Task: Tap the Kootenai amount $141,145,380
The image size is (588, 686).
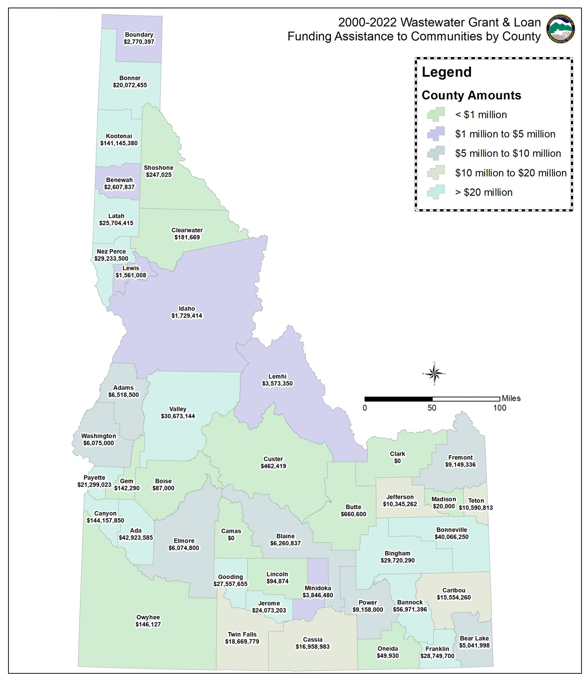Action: pyautogui.click(x=119, y=143)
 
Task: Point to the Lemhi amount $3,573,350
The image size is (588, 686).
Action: pyautogui.click(x=277, y=384)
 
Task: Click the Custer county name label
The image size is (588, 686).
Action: pyautogui.click(x=273, y=459)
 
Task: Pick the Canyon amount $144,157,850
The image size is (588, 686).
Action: pyautogui.click(x=105, y=520)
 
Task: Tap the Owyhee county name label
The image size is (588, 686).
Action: pyautogui.click(x=148, y=617)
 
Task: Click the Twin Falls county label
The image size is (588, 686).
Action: pyautogui.click(x=242, y=634)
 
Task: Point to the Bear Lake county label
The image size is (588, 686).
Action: pyautogui.click(x=474, y=638)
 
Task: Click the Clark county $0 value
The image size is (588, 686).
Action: pyautogui.click(x=397, y=461)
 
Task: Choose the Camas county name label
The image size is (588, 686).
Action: pyautogui.click(x=231, y=531)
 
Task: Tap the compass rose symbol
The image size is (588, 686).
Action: pyautogui.click(x=434, y=374)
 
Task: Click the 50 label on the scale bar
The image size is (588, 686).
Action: pyautogui.click(x=432, y=408)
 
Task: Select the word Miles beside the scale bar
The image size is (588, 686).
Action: pyautogui.click(x=511, y=398)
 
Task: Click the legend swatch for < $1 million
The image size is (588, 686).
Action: pyautogui.click(x=436, y=114)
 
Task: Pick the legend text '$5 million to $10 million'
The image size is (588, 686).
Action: pyautogui.click(x=508, y=153)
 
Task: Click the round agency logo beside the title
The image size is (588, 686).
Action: pyautogui.click(x=560, y=29)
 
